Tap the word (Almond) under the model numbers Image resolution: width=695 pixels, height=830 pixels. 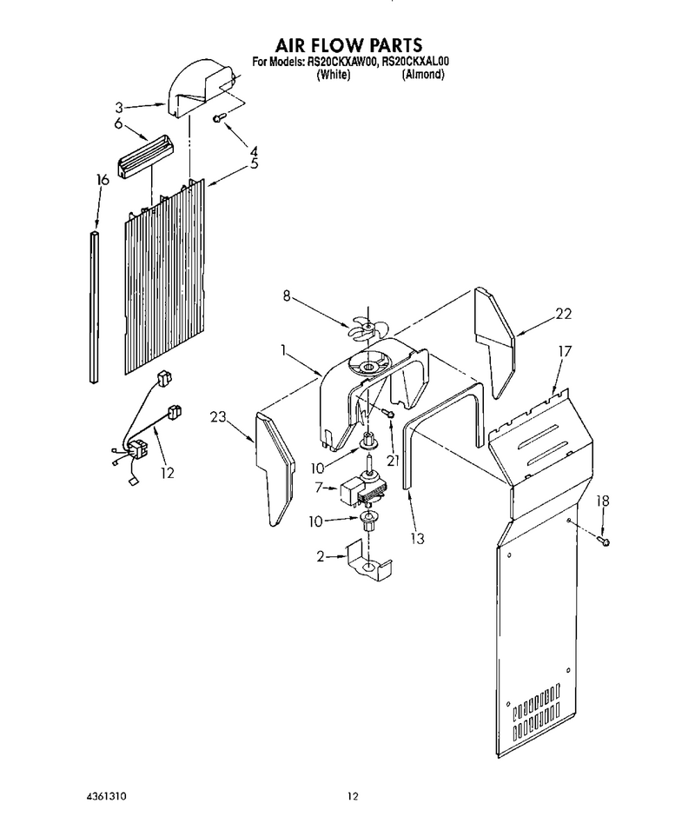click(423, 75)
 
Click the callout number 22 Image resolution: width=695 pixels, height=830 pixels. click(563, 314)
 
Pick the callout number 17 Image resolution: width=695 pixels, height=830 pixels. click(565, 351)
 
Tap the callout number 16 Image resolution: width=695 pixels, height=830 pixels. click(103, 180)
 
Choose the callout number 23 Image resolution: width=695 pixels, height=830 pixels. click(218, 417)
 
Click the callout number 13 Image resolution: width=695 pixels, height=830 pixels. click(417, 538)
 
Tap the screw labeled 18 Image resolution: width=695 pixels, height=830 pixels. click(603, 541)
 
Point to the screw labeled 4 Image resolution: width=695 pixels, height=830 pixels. click(219, 117)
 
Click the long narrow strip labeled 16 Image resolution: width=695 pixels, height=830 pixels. click(94, 307)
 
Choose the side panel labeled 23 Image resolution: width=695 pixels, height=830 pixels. click(275, 468)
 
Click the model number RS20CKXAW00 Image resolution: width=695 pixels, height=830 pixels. click(341, 63)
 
